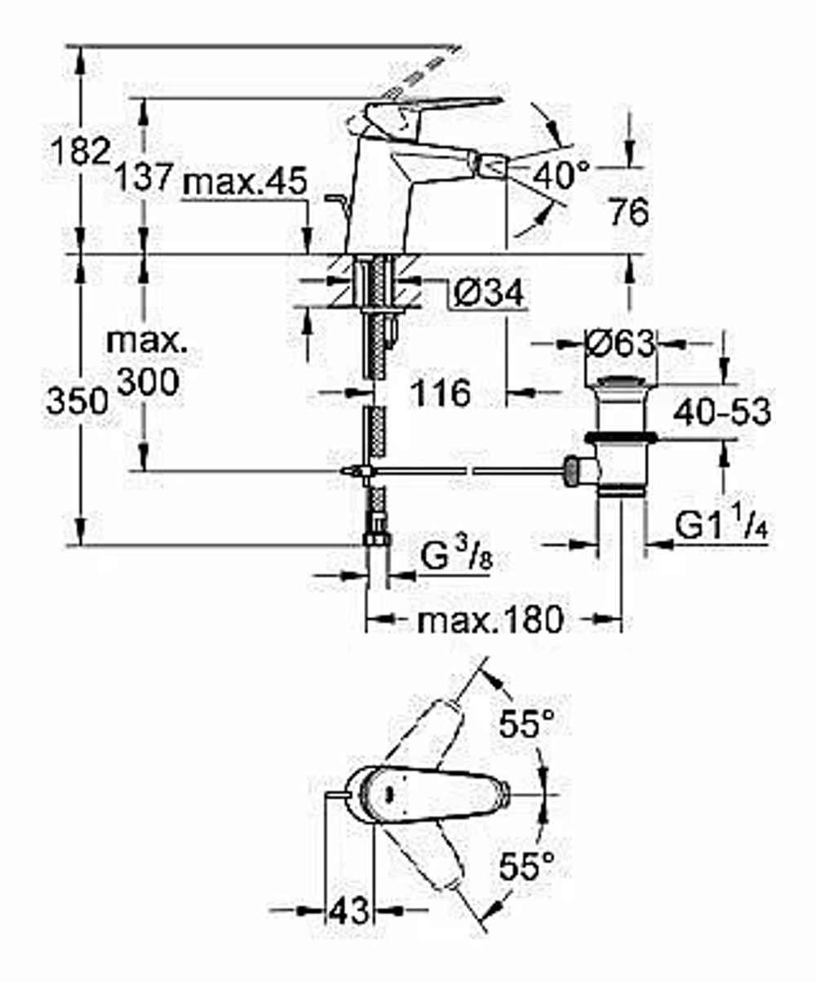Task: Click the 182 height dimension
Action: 81,152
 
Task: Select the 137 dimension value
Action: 144,176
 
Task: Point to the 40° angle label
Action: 561,174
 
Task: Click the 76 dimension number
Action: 629,212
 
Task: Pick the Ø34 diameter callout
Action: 488,293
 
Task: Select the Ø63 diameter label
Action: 620,344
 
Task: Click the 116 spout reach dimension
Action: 440,393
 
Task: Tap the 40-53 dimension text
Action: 722,411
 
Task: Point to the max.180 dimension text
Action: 490,620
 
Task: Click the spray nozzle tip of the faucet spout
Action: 492,167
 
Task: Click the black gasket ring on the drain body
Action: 620,438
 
